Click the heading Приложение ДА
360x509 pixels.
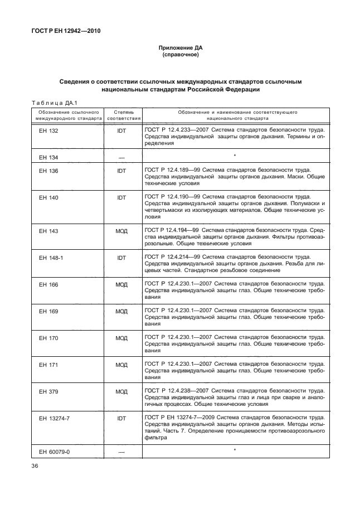click(x=180, y=49)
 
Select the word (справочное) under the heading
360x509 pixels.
click(x=180, y=55)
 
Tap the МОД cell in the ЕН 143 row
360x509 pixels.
click(x=121, y=230)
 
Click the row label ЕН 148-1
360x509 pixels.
click(x=51, y=258)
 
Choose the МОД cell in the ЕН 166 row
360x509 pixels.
click(x=121, y=284)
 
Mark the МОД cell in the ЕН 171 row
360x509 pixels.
click(x=121, y=365)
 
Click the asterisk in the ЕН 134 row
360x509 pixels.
click(x=235, y=156)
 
